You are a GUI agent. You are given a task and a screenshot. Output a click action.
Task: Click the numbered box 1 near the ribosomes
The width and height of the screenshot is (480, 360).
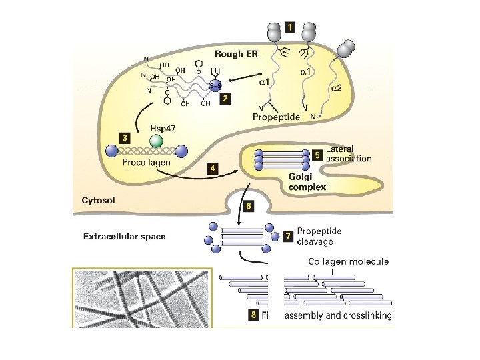tap(290, 27)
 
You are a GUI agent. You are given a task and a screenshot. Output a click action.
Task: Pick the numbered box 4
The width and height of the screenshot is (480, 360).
tap(211, 169)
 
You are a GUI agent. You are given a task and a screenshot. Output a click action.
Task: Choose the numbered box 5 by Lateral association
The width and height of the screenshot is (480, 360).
tap(317, 155)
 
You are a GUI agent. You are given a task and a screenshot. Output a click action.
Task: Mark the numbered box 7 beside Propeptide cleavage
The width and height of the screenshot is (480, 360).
tap(287, 236)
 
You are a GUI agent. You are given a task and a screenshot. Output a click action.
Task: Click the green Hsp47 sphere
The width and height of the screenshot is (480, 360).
tap(156, 141)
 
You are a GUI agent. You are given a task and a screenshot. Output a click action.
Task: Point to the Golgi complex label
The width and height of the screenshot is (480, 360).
tap(307, 181)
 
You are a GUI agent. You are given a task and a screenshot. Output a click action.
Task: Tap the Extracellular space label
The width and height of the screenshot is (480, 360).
tap(124, 235)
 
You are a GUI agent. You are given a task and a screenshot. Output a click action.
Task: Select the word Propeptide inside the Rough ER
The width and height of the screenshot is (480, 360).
tap(277, 117)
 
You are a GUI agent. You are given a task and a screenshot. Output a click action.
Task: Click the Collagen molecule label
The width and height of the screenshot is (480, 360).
tap(347, 261)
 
